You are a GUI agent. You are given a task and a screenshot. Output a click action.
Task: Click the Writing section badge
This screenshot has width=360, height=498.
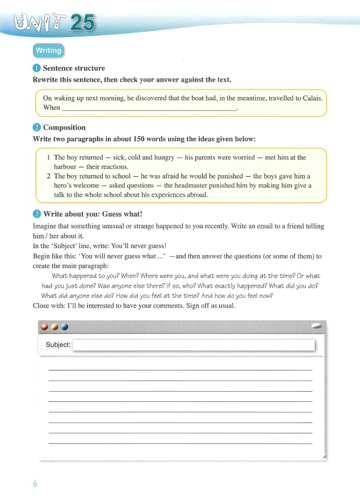tap(48, 50)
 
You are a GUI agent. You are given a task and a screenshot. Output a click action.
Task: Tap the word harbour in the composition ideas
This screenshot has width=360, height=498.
tap(65, 166)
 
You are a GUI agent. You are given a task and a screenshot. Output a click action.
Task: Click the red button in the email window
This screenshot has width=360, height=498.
tap(45, 326)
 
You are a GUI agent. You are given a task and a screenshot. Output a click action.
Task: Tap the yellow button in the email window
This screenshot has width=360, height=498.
tap(54, 326)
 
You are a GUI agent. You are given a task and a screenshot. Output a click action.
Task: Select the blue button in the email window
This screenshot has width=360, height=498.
tap(64, 326)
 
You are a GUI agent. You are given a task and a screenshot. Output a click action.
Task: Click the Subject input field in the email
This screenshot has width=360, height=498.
tap(194, 345)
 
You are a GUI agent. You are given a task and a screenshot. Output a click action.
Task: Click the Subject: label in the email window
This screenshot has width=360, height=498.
tap(58, 345)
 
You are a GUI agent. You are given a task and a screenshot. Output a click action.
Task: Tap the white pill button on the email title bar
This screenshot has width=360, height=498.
tap(317, 325)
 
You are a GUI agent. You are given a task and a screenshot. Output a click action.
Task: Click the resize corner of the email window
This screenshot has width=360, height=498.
tap(324, 456)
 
